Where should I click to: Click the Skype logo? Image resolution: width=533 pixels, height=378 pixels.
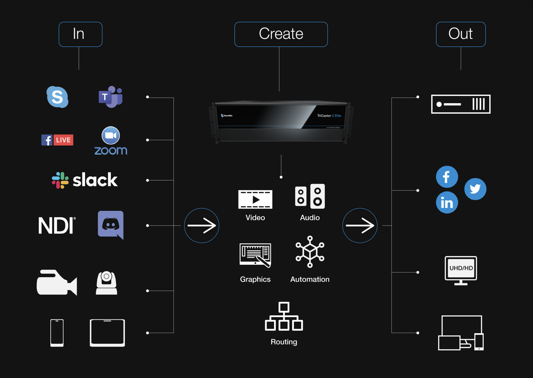pos(57,97)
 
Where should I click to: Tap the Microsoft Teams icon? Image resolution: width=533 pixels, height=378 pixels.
pos(111,97)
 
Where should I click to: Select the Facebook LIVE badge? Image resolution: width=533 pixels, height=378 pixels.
pos(57,140)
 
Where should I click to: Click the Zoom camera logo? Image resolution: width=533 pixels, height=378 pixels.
pos(111,136)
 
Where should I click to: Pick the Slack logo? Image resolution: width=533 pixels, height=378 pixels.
pos(85,180)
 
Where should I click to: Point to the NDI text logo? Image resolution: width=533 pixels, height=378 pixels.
pos(56,226)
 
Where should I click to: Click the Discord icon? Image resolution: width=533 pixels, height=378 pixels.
pos(111,225)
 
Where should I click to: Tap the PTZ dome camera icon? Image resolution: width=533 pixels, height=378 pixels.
pos(106,283)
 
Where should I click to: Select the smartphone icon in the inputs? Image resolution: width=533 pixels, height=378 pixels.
pos(57,333)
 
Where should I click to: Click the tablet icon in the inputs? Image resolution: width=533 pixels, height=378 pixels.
pos(107,333)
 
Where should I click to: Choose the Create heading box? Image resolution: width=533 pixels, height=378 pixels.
pos(281,34)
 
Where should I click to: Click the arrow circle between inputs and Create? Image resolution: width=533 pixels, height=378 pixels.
pos(201,225)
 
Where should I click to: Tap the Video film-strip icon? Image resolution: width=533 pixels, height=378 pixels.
pos(255,199)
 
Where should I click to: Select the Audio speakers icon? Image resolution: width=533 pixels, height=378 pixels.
pos(310,196)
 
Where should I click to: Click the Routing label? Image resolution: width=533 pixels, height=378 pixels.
pos(284,342)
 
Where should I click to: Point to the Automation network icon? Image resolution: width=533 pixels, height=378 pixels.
pos(310,252)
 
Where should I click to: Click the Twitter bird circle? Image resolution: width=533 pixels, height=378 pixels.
pos(475,189)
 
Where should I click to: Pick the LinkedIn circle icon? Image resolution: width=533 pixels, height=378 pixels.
pos(447,203)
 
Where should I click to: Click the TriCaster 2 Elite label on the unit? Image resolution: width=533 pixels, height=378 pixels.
pos(329,116)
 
